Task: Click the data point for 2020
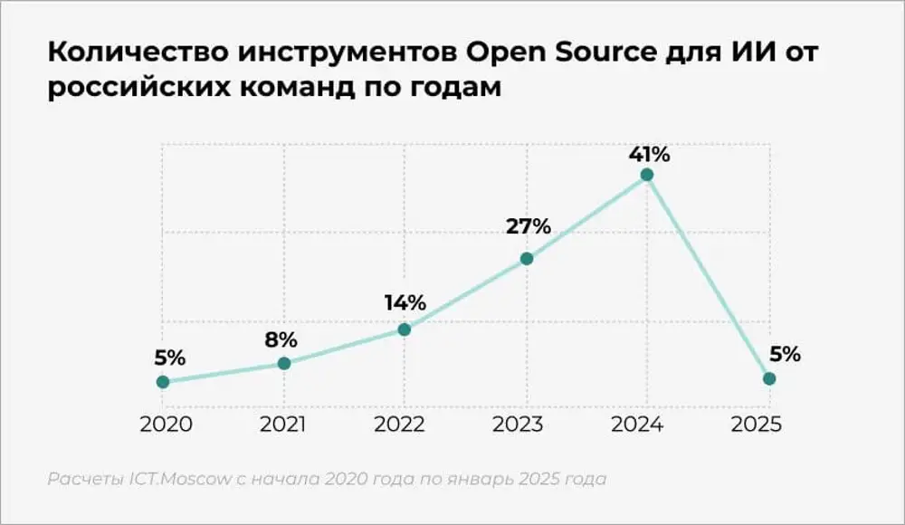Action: [x=163, y=382]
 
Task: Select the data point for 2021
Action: [x=284, y=363]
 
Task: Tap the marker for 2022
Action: [x=405, y=329]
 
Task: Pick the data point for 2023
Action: [x=527, y=259]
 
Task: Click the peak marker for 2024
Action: [x=646, y=175]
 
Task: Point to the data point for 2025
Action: [x=768, y=378]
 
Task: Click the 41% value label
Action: [x=649, y=153]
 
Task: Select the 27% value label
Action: [x=529, y=226]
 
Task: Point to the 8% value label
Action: [x=281, y=339]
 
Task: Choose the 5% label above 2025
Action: [x=785, y=354]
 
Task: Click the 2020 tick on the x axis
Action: [x=163, y=425]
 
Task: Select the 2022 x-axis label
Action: [x=404, y=425]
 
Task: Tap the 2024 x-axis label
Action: [x=647, y=425]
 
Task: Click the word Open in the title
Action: [x=505, y=54]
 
